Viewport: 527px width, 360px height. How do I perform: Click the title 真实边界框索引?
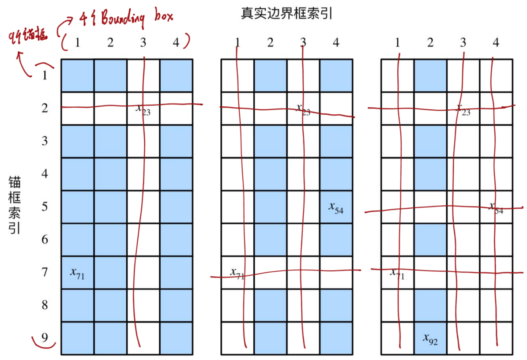tap(286, 13)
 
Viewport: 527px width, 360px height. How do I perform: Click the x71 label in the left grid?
tap(77, 274)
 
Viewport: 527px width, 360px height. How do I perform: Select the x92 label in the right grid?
tap(430, 339)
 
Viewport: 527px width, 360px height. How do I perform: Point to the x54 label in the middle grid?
tap(336, 207)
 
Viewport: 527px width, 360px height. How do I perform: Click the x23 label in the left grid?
tap(143, 109)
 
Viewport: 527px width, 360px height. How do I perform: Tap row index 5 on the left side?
tap(45, 206)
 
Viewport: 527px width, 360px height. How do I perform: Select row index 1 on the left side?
tap(45, 75)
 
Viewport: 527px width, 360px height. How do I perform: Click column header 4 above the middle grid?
tap(336, 43)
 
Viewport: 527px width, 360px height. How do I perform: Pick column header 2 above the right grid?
tap(430, 43)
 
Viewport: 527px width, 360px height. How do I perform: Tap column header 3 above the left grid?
tap(143, 43)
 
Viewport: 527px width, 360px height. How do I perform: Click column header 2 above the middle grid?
tap(270, 43)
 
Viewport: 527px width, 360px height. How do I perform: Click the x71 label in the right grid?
tap(397, 274)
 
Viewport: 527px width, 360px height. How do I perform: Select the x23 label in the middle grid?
tap(303, 109)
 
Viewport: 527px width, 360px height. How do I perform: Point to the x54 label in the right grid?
tap(496, 208)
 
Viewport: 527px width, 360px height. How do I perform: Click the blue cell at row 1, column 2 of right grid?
tap(430, 75)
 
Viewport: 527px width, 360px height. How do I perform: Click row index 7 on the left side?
tap(45, 272)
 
